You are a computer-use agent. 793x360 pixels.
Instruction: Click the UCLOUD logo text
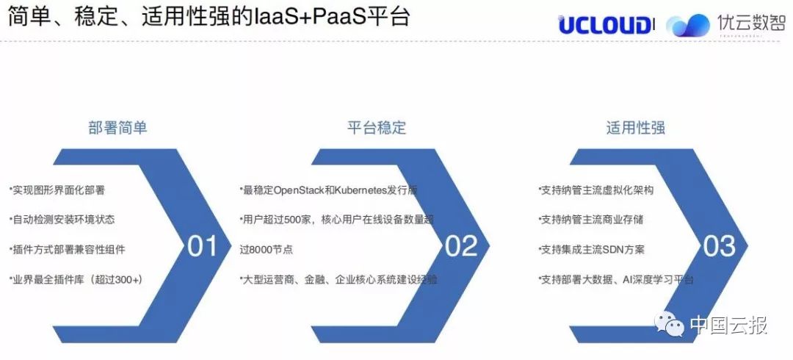point(604,25)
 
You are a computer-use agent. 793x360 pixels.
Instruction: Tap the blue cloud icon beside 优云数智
point(688,25)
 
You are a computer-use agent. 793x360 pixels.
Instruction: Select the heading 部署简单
point(117,128)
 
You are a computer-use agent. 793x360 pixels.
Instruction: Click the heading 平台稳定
point(377,128)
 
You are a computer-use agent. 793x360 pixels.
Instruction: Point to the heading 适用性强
point(636,128)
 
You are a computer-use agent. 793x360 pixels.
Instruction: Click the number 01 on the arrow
point(203,246)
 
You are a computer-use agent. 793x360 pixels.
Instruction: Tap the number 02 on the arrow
point(461,246)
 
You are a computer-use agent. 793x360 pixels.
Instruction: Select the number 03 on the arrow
point(720,246)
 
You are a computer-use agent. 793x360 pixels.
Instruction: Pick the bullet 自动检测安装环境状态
point(62,220)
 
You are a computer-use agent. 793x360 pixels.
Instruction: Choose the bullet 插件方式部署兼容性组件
point(68,250)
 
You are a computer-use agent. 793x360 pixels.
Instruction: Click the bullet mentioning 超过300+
point(76,279)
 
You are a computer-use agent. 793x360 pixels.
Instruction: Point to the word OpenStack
point(298,191)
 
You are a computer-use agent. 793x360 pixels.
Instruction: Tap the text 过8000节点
point(267,250)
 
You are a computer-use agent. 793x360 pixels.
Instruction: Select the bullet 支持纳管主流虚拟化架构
point(596,190)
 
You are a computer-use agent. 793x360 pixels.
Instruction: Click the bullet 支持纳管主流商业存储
point(591,220)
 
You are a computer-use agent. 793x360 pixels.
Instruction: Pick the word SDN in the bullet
point(614,250)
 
